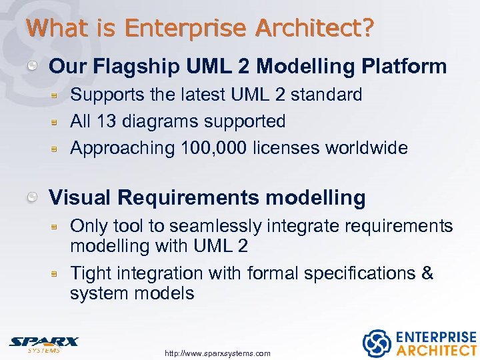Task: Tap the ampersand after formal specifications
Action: pyautogui.click(x=427, y=273)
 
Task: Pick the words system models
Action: pyautogui.click(x=132, y=293)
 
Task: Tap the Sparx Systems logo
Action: pyautogui.click(x=43, y=343)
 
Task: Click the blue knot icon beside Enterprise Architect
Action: pyautogui.click(x=376, y=343)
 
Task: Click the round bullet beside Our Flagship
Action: pyautogui.click(x=32, y=66)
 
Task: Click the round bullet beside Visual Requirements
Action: pyautogui.click(x=32, y=197)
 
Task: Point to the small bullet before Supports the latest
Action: pyautogui.click(x=58, y=95)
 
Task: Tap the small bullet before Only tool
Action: pyautogui.click(x=58, y=227)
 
